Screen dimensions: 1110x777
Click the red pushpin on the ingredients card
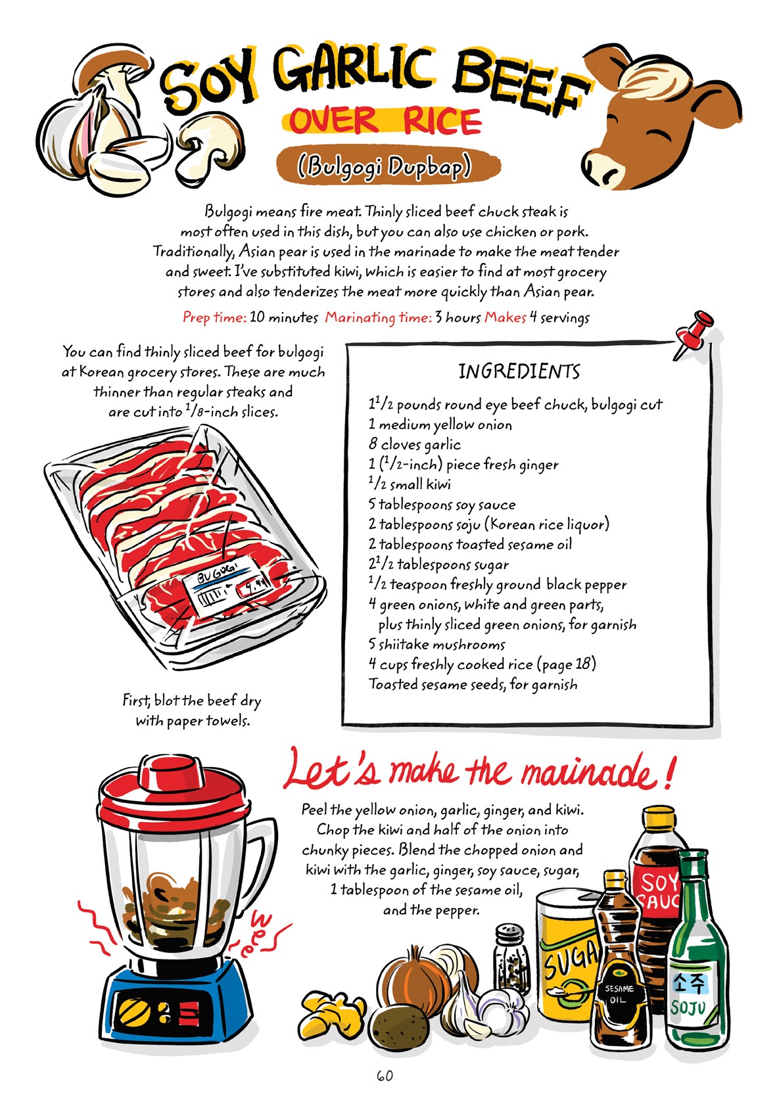coord(695,331)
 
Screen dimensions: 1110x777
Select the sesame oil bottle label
coord(619,992)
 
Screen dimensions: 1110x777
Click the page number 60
coord(385,1075)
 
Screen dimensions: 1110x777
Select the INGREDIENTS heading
coord(519,371)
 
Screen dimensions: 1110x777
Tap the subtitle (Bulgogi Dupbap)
coord(385,166)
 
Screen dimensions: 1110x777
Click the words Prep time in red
coord(214,317)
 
